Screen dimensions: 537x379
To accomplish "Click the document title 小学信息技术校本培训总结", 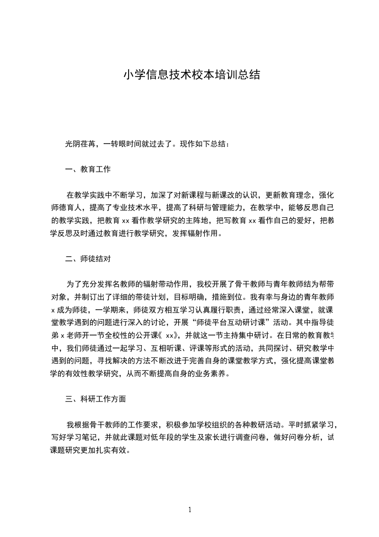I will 192,75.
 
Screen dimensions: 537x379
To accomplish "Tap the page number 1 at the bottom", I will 190,509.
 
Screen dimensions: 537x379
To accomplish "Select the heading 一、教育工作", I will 88,169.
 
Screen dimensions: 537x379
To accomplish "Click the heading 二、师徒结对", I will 88,259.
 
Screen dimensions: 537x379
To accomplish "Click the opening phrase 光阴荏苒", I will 81,144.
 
